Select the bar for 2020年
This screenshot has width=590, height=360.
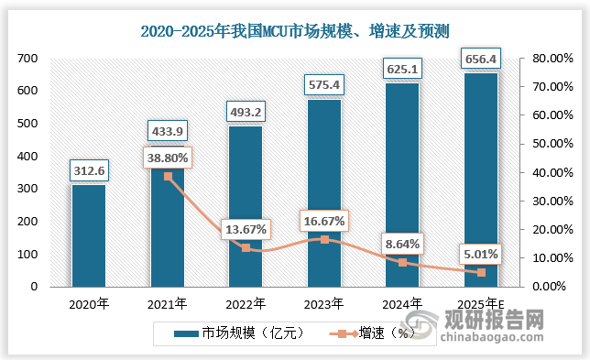(x=89, y=235)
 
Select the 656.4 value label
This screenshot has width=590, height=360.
(x=481, y=59)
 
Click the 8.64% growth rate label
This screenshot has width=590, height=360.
(x=403, y=243)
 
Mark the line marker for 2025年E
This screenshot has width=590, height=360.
(x=481, y=272)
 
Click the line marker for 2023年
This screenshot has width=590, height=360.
(x=324, y=239)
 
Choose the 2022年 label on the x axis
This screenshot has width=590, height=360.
(x=246, y=303)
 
